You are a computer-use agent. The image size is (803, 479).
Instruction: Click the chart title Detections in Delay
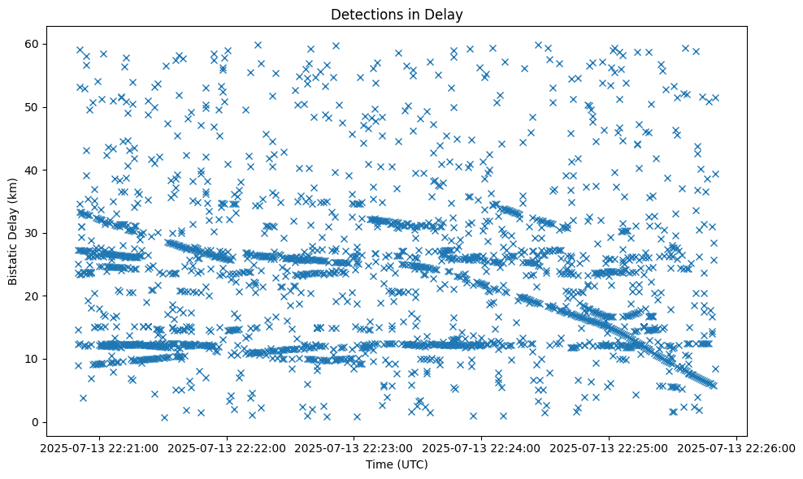[x=397, y=14]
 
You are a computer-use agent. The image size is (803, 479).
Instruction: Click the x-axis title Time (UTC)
[x=397, y=464]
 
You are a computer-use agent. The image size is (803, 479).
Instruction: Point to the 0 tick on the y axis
[x=33, y=422]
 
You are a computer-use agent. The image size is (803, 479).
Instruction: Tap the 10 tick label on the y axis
[x=30, y=359]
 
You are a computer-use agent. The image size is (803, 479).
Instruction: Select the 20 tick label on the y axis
[x=30, y=296]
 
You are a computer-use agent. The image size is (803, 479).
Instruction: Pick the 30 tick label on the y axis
[x=30, y=233]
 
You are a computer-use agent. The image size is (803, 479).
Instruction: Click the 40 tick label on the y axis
[x=30, y=170]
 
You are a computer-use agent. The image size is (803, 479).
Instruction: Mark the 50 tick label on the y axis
[x=30, y=107]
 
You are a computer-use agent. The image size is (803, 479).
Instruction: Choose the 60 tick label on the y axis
[x=30, y=44]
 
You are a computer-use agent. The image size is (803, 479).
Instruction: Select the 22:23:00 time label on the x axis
[x=354, y=447]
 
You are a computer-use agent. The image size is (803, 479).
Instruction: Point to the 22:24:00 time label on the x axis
[x=482, y=447]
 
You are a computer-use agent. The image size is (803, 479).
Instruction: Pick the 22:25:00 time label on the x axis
[x=610, y=447]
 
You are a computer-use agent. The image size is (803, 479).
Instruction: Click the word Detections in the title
[x=367, y=14]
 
